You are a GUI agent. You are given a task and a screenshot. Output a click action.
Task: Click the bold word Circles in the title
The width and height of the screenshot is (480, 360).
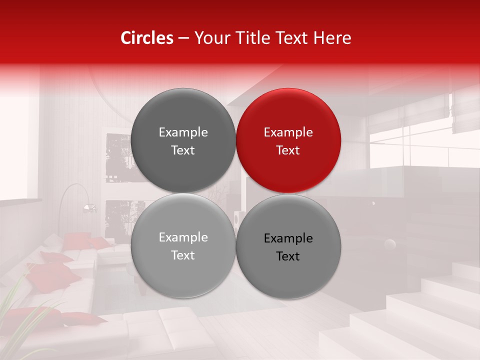[146, 38]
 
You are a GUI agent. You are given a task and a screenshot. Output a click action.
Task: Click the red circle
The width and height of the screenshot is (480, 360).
[288, 140]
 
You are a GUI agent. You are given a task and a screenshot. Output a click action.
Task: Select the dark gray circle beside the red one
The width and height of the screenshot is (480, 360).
[183, 140]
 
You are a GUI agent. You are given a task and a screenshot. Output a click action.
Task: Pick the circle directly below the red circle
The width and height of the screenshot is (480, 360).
[288, 246]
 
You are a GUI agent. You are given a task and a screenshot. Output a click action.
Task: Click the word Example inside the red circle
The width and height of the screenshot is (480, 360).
[288, 132]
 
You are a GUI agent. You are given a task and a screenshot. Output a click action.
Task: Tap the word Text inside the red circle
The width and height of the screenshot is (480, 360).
[288, 150]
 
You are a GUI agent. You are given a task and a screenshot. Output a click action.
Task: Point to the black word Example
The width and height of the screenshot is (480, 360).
[288, 238]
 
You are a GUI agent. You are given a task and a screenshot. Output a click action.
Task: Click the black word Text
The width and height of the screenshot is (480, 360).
[288, 256]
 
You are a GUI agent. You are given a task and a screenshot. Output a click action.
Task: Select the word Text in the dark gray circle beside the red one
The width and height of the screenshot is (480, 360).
[183, 150]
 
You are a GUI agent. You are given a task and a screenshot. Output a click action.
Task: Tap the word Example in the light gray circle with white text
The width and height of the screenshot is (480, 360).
[183, 237]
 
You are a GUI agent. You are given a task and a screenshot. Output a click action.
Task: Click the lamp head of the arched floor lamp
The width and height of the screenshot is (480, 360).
[89, 207]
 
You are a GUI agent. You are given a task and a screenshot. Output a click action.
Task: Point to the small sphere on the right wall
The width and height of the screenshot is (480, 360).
[389, 244]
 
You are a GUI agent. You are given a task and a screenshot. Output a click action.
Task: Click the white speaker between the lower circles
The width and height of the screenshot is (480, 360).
[238, 217]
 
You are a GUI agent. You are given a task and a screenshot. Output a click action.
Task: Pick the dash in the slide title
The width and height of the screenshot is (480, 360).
[183, 38]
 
